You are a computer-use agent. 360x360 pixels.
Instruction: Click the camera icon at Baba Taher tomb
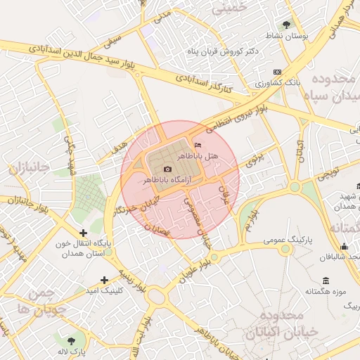pyautogui.click(x=167, y=169)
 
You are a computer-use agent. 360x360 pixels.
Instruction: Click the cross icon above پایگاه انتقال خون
pyautogui.click(x=84, y=232)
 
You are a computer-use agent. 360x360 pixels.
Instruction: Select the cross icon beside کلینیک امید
pyautogui.click(x=105, y=279)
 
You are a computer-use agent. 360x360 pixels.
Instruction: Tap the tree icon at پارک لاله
pyautogui.click(x=69, y=340)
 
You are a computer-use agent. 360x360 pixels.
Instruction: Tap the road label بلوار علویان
pyautogui.click(x=195, y=265)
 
